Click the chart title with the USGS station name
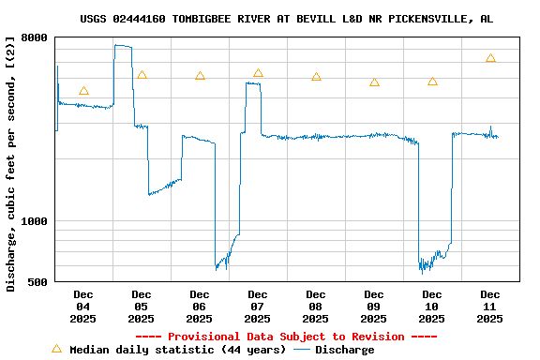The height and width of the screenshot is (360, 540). pyautogui.click(x=286, y=19)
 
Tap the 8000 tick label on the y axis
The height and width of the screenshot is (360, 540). pyautogui.click(x=34, y=37)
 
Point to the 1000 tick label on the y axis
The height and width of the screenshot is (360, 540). pyautogui.click(x=34, y=221)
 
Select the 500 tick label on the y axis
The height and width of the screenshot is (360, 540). pyautogui.click(x=37, y=281)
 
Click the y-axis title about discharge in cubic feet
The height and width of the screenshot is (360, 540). pyautogui.click(x=11, y=164)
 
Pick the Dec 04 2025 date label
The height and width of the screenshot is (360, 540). pyautogui.click(x=83, y=307)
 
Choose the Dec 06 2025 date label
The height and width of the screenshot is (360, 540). pyautogui.click(x=200, y=307)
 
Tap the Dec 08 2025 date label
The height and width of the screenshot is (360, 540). pyautogui.click(x=316, y=307)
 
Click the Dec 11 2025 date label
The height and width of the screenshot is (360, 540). pyautogui.click(x=490, y=307)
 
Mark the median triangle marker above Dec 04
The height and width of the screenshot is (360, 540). pyautogui.click(x=83, y=91)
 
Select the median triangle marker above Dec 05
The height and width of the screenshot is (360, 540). pyautogui.click(x=142, y=75)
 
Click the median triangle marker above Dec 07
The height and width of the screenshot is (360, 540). pyautogui.click(x=258, y=73)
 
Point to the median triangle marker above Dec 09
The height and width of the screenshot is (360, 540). pyautogui.click(x=374, y=82)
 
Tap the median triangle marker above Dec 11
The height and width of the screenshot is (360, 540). pyautogui.click(x=490, y=58)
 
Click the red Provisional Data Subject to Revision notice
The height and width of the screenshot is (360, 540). pyautogui.click(x=286, y=337)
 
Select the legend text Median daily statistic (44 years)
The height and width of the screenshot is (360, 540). pyautogui.click(x=178, y=350)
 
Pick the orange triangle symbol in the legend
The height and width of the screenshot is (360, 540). pyautogui.click(x=56, y=349)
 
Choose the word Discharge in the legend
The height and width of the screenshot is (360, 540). pyautogui.click(x=344, y=350)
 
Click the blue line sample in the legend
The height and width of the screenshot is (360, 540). pyautogui.click(x=301, y=350)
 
